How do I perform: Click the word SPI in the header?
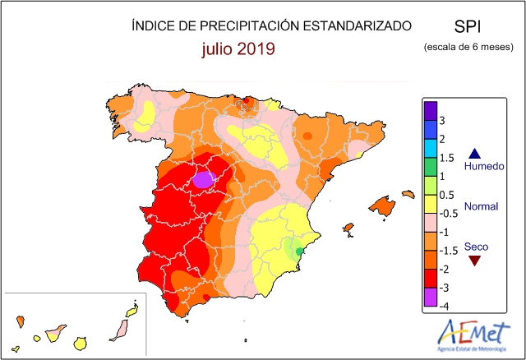468,26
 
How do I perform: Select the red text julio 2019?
238,49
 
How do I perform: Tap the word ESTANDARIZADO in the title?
358,25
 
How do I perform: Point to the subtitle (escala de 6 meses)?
468,47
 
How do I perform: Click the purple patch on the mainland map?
205,179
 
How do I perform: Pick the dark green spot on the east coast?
299,252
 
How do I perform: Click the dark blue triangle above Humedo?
475,154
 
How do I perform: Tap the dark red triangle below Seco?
475,261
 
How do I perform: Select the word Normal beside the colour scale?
481,206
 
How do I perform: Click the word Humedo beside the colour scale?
484,166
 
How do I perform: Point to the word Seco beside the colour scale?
476,247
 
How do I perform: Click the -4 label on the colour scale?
444,306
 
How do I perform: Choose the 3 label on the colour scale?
442,120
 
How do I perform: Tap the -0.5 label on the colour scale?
449,214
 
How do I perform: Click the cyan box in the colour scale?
431,148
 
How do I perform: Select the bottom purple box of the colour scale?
431,297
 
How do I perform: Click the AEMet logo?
473,335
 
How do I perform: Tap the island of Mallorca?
382,206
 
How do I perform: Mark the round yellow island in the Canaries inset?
81,344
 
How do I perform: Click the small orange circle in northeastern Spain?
307,136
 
